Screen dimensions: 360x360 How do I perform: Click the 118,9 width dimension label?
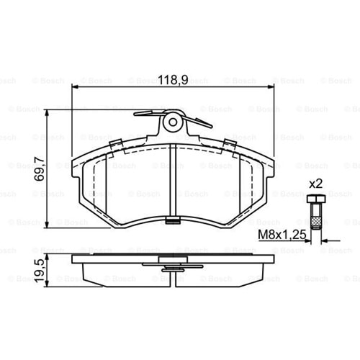[x=173, y=80]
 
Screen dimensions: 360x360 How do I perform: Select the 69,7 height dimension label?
[x=39, y=168]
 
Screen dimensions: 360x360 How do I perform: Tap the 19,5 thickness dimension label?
[x=39, y=271]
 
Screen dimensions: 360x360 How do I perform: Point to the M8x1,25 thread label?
[x=282, y=235]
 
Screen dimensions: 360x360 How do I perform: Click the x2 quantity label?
[x=316, y=184]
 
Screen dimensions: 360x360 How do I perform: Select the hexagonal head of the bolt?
[x=316, y=199]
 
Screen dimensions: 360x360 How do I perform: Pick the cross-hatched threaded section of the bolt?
[x=316, y=222]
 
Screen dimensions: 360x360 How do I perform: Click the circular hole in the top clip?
[x=173, y=122]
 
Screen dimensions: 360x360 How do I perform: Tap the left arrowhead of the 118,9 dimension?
[x=76, y=87]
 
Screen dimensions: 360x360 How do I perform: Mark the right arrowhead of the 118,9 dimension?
[x=271, y=87]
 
